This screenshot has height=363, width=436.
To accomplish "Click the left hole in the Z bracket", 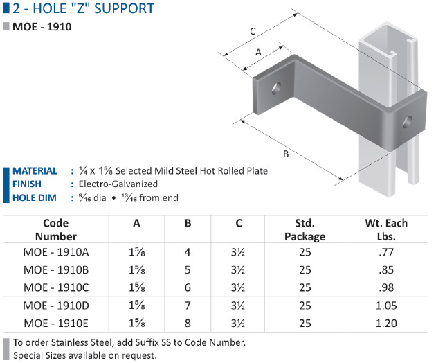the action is tap(276, 88).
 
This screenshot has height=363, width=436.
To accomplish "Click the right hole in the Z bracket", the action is tap(408, 122).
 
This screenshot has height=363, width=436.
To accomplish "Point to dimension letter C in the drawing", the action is tap(253, 31).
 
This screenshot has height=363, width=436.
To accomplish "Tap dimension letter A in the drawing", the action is tap(258, 52).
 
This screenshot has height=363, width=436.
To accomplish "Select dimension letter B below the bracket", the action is tap(286, 154).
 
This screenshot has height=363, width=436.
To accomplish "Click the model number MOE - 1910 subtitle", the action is tap(42, 27).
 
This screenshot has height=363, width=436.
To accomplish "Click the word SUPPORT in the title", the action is tap(124, 8).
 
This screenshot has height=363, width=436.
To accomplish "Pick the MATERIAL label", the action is tap(35, 170).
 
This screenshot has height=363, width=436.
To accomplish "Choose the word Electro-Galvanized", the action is tap(118, 184).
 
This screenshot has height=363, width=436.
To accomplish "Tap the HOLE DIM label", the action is tap(35, 197).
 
